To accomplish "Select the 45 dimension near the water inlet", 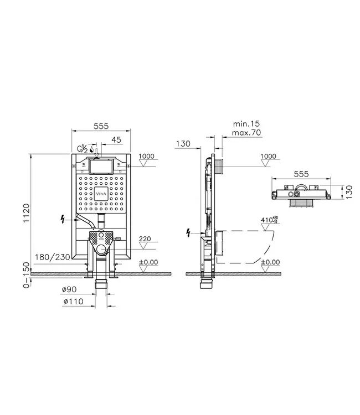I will pyautogui.click(x=116, y=139).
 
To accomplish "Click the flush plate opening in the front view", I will pyautogui.click(x=100, y=165).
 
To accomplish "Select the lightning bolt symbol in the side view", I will pyautogui.click(x=192, y=232).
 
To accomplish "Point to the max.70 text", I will pyautogui.click(x=247, y=132).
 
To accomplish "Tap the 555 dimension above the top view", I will pyautogui.click(x=301, y=173).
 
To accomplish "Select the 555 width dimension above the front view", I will pyautogui.click(x=100, y=126).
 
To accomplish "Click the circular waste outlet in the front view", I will pyautogui.click(x=100, y=251).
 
